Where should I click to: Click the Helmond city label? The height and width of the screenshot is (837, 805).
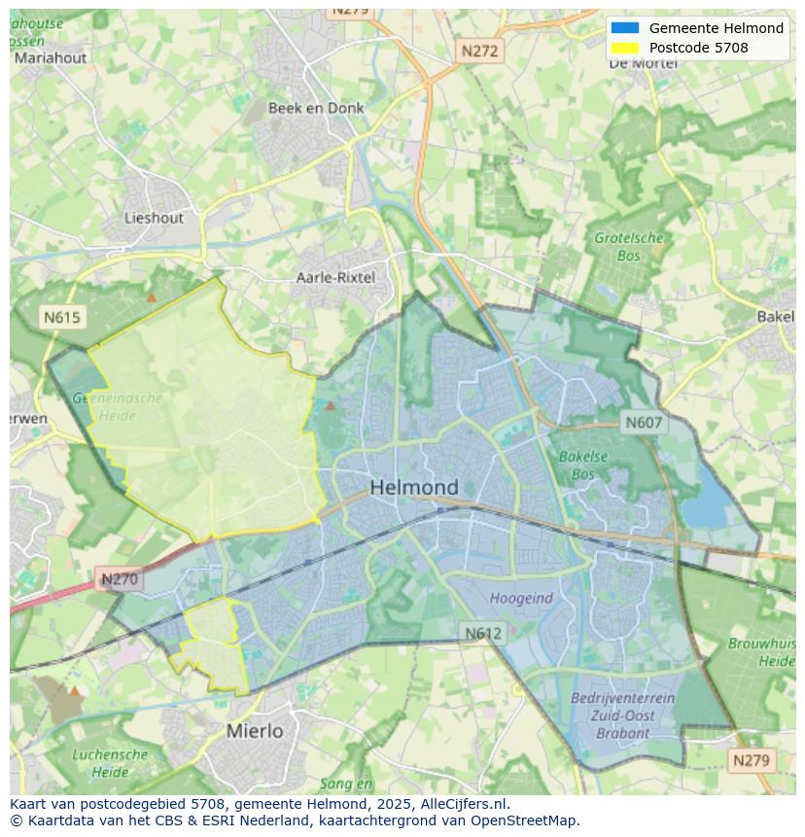414,487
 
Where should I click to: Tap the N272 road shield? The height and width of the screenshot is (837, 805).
479,51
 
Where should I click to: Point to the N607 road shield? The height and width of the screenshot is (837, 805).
644,422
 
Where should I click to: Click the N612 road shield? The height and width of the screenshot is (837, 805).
482,633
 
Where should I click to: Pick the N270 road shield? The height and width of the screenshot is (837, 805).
120,579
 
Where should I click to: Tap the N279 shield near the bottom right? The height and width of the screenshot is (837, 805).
751,759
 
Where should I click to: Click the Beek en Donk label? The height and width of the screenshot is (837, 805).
316,108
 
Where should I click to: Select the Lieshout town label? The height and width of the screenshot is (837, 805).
154,218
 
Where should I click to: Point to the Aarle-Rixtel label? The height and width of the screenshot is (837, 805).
334,278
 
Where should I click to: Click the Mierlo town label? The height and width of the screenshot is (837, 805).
255,730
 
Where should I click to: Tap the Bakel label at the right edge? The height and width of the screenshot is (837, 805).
775,317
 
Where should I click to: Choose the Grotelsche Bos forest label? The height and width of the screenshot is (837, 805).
628,247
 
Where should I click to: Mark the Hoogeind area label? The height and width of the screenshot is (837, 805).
521,599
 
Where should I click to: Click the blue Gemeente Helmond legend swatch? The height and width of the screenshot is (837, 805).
625,28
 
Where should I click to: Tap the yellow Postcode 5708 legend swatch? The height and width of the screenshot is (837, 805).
625,48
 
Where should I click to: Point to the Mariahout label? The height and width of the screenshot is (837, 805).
50,57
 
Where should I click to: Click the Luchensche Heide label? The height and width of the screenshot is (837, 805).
110,763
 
